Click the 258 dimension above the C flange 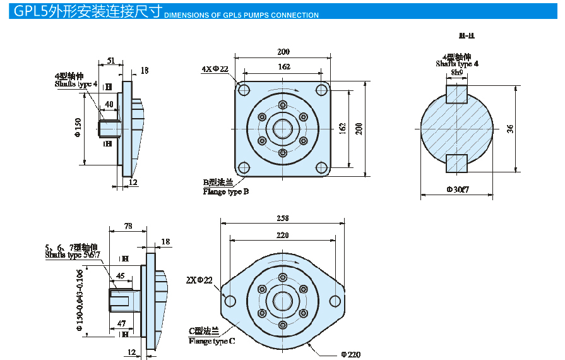pos(282,218)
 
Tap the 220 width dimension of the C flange pos(282,235)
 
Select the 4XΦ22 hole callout pos(215,69)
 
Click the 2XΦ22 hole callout pos(199,279)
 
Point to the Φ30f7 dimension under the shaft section pos(457,189)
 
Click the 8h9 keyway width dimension pos(456,73)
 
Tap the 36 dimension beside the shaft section pos(510,128)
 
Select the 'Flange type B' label pos(225,191)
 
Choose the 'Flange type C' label pos(212,341)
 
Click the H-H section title pos(467,36)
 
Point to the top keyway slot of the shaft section pos(456,93)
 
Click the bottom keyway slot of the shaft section pos(456,163)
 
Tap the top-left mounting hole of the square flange pos(244,89)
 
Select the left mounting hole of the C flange pos(230,300)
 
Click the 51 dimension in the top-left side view pos(110,61)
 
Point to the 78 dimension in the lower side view pos(128,225)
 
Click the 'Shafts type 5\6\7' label pos(73,255)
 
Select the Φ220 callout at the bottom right pos(351,354)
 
